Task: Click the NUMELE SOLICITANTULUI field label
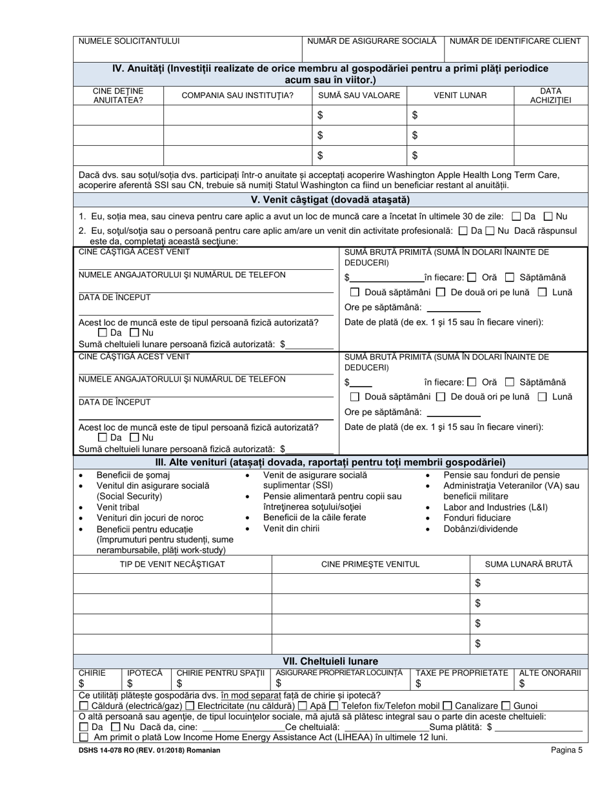pos(129,41)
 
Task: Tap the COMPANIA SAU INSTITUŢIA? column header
pos(237,96)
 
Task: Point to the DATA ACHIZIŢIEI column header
pos(550,96)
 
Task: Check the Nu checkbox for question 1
pos(548,216)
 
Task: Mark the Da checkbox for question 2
pos(463,230)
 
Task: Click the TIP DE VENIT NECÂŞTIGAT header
pos(173,564)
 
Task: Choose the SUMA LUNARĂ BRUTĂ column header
pos(528,564)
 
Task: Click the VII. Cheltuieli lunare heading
pos(331,661)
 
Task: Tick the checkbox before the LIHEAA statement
pos(83,737)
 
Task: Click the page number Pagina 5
pos(567,750)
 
